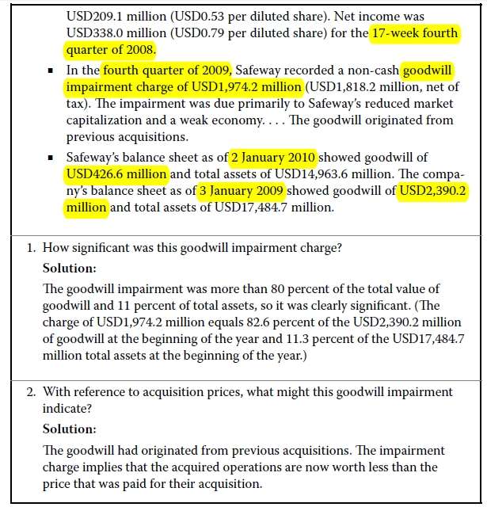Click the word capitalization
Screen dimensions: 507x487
(x=108, y=120)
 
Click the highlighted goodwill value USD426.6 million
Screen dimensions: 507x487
(x=118, y=173)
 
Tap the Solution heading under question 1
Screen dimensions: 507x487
(x=69, y=268)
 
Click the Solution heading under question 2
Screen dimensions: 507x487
(x=69, y=429)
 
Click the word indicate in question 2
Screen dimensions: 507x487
(x=66, y=410)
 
